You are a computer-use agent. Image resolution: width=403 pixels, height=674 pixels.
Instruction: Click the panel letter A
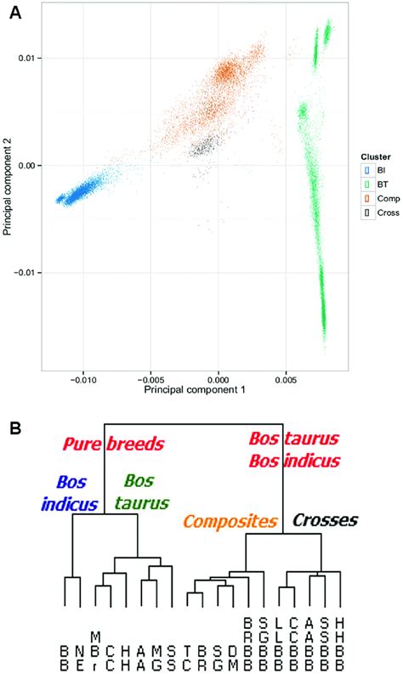pyautogui.click(x=14, y=15)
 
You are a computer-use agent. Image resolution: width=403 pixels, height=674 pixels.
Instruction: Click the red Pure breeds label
pyautogui.click(x=112, y=444)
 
